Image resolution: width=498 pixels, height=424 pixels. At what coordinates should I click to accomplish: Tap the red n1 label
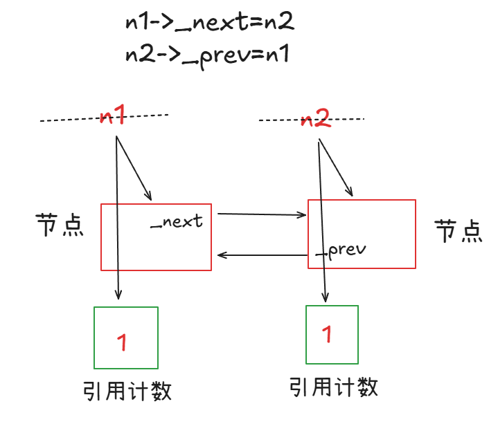pos(112,116)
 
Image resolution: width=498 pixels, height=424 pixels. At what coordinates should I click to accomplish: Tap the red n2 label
pos(315,119)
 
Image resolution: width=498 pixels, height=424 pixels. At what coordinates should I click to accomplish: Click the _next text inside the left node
pos(177,221)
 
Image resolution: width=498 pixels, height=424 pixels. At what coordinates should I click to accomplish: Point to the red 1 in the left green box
pos(122,341)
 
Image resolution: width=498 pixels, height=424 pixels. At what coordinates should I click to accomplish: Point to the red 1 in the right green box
pos(327,335)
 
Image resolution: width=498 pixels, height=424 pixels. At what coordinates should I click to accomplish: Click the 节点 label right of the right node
pos(458,230)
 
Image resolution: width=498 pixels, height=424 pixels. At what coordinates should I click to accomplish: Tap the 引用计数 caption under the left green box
pos(127,391)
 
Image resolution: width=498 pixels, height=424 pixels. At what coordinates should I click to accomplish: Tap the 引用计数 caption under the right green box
pos(335,387)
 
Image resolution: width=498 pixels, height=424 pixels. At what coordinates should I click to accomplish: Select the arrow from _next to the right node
pos(262,215)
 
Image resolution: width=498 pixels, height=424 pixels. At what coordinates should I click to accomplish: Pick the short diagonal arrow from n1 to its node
pos(134,169)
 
